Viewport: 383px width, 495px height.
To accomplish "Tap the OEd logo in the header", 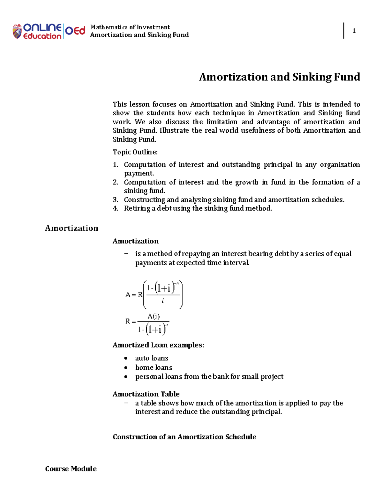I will coord(75,31).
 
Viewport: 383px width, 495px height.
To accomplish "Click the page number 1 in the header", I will coord(354,31).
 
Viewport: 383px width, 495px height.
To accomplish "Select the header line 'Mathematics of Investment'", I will coord(130,27).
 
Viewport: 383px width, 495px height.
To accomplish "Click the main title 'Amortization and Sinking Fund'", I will coord(279,77).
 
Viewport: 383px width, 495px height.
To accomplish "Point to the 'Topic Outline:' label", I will coord(135,152).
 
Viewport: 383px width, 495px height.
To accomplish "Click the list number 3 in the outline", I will coord(115,200).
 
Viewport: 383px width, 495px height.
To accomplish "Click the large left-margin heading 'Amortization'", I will coord(71,228).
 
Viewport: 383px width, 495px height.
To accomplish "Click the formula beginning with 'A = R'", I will coord(154,295).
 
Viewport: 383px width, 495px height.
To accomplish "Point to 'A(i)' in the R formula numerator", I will coord(153,317).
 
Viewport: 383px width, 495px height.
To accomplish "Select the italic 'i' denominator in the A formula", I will coord(163,301).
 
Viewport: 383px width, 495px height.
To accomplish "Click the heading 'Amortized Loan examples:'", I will coord(158,345).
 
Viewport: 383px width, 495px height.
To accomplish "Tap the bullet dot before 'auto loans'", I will coord(126,359).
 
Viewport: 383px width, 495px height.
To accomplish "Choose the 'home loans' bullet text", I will coord(154,368).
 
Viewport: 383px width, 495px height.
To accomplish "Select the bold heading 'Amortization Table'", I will coord(146,394).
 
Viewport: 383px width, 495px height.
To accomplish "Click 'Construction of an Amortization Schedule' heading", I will coord(184,437).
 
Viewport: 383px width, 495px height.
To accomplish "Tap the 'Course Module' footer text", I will coord(71,469).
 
